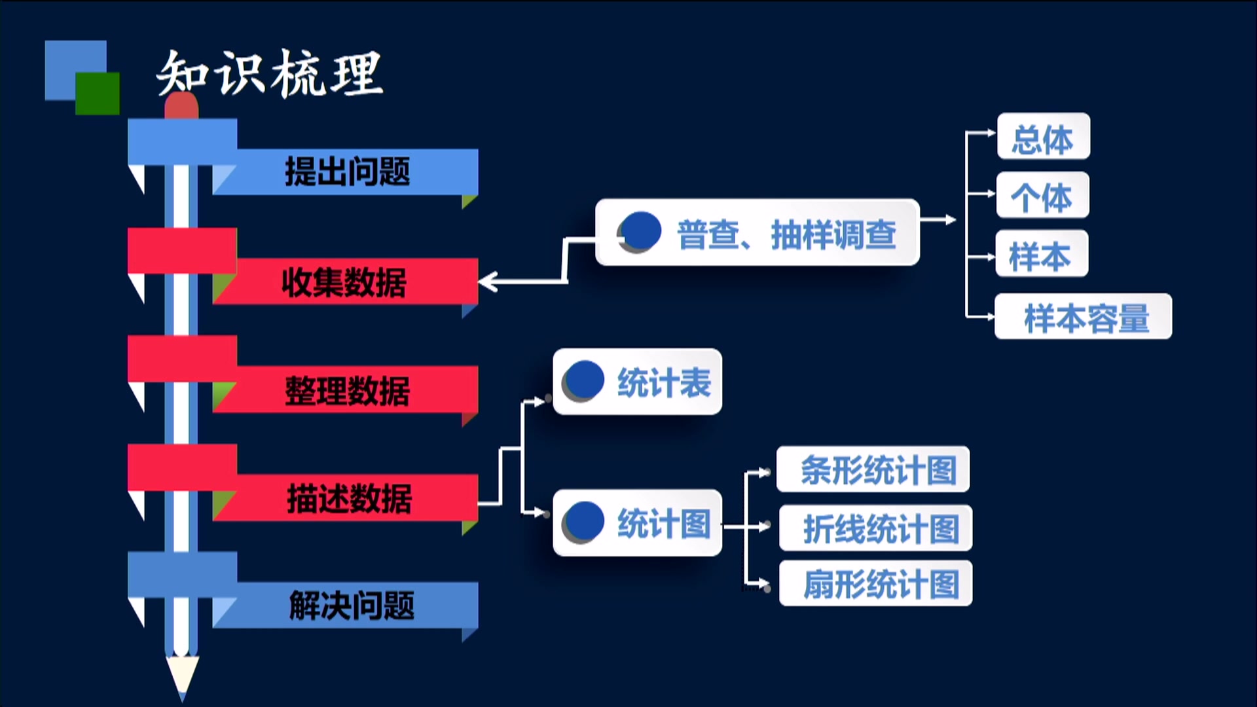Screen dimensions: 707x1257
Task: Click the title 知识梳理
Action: (269, 73)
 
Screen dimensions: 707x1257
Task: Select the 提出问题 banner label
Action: (347, 172)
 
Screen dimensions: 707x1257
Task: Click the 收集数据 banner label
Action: (344, 283)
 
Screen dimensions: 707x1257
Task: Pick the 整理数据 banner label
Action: (347, 391)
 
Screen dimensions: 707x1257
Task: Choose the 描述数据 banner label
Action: (349, 499)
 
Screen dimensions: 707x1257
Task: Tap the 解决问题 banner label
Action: (352, 606)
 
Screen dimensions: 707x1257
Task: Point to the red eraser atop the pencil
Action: (181, 105)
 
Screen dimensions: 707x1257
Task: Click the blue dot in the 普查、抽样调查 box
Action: (640, 231)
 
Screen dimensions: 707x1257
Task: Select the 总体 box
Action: (1043, 137)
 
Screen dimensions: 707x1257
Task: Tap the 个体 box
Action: (1042, 195)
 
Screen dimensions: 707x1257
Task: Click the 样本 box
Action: (1041, 254)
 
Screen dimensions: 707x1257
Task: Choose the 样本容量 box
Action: (1083, 317)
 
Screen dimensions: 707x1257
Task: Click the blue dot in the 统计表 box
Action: (583, 379)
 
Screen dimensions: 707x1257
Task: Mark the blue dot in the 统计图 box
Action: (583, 521)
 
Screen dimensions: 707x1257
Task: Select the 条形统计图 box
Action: (873, 469)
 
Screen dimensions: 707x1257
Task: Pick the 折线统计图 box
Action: (875, 528)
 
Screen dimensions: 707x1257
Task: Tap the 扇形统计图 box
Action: (875, 583)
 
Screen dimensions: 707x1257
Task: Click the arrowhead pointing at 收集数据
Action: (488, 282)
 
